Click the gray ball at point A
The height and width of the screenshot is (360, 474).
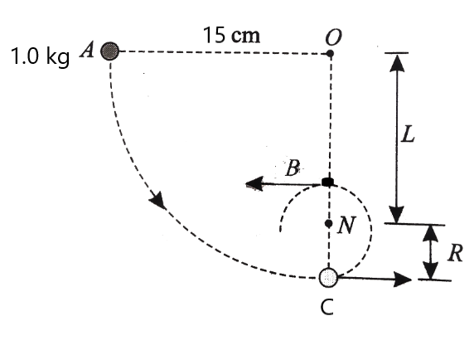[x=108, y=51]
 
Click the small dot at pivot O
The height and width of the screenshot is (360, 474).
[x=330, y=54]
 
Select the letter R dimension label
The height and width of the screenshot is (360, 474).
[x=453, y=254]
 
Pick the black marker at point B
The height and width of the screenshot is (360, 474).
[x=328, y=182]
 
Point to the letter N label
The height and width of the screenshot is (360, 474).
[x=346, y=225]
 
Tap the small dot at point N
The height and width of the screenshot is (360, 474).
[x=329, y=224]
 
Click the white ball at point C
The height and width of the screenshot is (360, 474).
[x=329, y=277]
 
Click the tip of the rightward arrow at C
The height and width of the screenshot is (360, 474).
[x=411, y=279]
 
